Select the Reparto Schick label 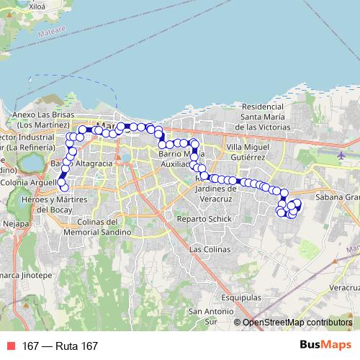(x=202, y=218)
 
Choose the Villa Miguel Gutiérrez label (x=246, y=151)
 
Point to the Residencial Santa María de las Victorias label (x=265, y=116)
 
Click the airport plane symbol (x=341, y=155)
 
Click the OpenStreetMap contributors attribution (x=296, y=323)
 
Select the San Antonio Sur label (x=201, y=317)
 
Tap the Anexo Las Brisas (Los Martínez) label (x=42, y=120)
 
